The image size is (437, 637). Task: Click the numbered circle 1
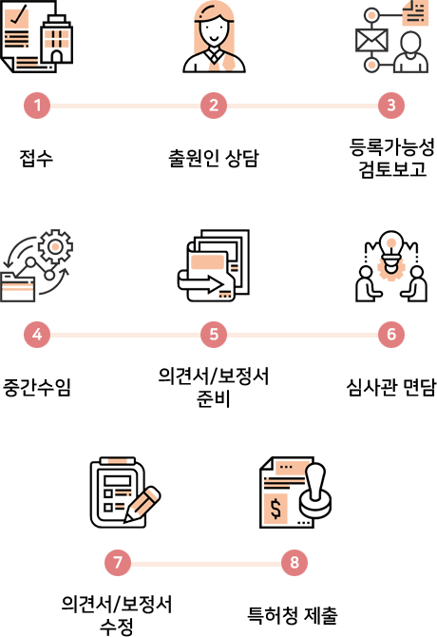tap(37, 106)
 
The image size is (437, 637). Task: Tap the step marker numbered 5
tap(214, 335)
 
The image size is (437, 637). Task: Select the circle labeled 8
tap(294, 563)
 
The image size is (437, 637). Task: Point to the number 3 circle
tap(391, 106)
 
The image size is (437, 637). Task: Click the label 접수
tap(36, 158)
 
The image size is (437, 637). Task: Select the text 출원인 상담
tap(214, 158)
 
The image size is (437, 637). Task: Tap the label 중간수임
tap(37, 387)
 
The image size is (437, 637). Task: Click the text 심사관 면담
tap(391, 387)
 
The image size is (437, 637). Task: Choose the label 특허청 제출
tap(293, 615)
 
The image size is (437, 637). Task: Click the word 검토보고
tap(392, 169)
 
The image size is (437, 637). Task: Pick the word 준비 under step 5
tap(214, 398)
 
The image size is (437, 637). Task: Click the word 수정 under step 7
tap(117, 626)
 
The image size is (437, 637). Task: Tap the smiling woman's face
tap(214, 31)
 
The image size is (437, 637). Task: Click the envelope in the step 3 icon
tap(371, 40)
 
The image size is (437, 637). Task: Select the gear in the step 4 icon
tap(56, 246)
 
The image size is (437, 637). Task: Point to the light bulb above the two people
tap(390, 250)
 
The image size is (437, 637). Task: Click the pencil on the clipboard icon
tap(142, 504)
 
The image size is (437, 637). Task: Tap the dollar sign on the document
tap(275, 509)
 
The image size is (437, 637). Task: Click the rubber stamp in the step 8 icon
tap(316, 491)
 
